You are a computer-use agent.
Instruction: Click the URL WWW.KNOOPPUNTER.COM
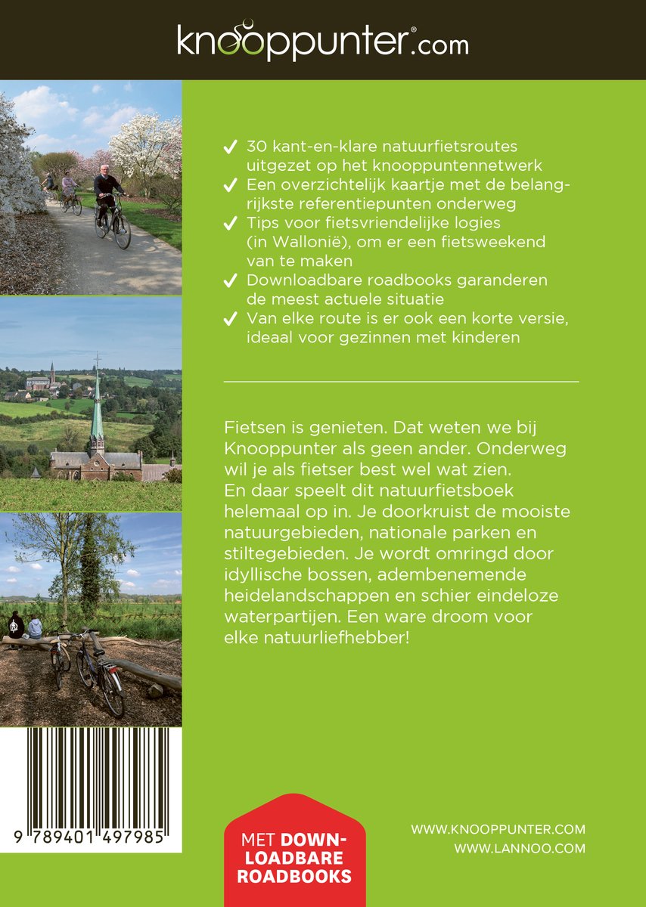[x=498, y=829]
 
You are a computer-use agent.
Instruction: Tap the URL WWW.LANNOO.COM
[x=520, y=848]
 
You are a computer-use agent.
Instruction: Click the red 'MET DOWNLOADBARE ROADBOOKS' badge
[x=294, y=858]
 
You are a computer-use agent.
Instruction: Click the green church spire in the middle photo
[x=96, y=412]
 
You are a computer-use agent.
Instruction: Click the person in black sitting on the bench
[x=16, y=628]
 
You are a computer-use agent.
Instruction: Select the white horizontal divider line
[x=402, y=382]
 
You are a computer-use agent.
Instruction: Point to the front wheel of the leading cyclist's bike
[x=122, y=232]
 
